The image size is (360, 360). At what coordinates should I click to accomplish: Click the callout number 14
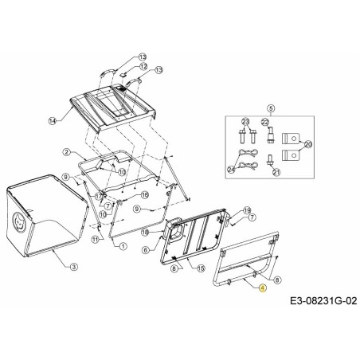point(53,120)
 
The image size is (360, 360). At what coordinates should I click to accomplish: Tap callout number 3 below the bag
point(74,265)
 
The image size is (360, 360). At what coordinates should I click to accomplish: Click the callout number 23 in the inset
point(245,121)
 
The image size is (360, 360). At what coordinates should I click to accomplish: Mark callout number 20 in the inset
point(308,143)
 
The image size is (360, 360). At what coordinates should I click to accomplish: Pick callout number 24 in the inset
point(231,170)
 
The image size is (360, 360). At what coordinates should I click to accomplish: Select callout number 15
point(201,268)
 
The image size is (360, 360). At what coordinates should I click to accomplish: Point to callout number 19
point(247,209)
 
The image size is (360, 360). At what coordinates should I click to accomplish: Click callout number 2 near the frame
point(68,152)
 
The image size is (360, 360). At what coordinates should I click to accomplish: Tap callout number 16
point(145,194)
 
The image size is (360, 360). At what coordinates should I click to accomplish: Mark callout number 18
point(146,232)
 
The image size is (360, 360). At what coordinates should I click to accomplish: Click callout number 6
point(145,249)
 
